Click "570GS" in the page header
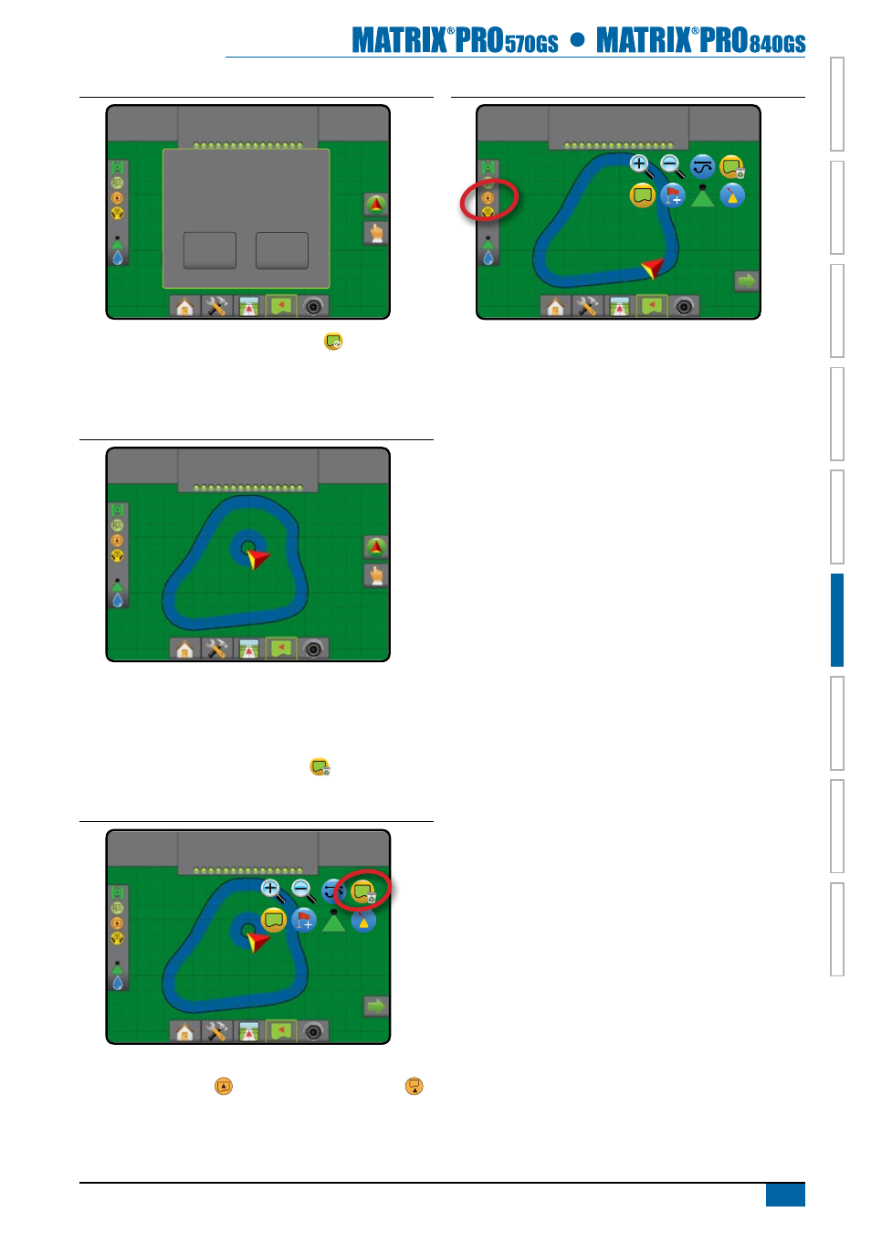coord(531,44)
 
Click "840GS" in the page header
coord(777,44)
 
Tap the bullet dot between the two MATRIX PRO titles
coord(577,39)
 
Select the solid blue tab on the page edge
coord(837,620)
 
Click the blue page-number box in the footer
coord(785,1195)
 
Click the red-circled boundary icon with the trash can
coord(363,891)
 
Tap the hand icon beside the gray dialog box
coord(376,234)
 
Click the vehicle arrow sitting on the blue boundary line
coord(653,269)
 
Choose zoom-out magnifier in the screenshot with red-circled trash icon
coord(302,891)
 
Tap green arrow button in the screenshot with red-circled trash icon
coord(376,1006)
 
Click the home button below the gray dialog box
coord(184,306)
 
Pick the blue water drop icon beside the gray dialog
coord(118,258)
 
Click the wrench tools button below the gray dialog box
coord(216,306)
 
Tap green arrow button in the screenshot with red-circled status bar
coord(747,281)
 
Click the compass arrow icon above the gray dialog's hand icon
coord(376,205)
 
